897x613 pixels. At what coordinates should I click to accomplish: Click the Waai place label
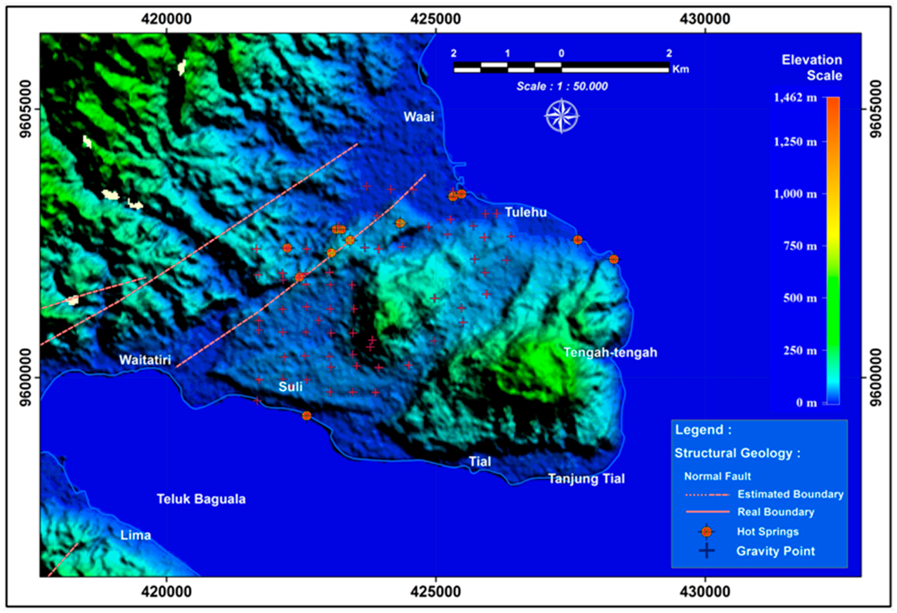[x=419, y=117]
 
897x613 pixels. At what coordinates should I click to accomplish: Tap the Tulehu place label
[x=526, y=212]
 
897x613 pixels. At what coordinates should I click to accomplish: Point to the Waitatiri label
[x=145, y=360]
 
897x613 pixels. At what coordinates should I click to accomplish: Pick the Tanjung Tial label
[x=586, y=479]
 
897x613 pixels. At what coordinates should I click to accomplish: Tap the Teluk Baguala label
[x=201, y=499]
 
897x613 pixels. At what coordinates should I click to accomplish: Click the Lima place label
[x=136, y=535]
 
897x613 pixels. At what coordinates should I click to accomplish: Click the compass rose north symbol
[x=562, y=116]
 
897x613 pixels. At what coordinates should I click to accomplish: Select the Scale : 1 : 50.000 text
[x=562, y=86]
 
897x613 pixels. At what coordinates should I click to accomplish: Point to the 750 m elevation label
[x=800, y=246]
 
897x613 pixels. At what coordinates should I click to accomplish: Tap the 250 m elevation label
[x=800, y=350]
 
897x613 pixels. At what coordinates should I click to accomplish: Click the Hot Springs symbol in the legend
[x=706, y=532]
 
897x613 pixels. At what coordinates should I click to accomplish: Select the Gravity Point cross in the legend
[x=706, y=551]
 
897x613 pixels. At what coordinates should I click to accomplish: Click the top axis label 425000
[x=436, y=19]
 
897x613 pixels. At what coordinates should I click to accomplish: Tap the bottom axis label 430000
[x=705, y=592]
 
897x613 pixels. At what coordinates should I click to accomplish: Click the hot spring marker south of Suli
[x=306, y=416]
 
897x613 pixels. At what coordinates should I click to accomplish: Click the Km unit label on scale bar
[x=680, y=69]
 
